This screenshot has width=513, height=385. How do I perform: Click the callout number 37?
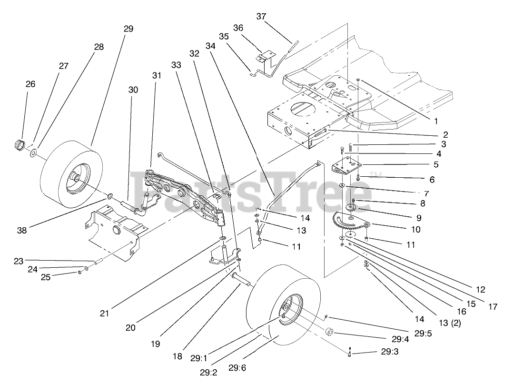click(261, 17)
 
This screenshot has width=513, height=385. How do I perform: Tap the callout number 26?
click(30, 84)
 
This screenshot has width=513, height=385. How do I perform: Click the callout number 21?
click(105, 313)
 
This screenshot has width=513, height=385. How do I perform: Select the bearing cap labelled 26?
click(20, 144)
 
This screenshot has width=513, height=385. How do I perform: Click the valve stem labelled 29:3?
click(350, 353)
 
